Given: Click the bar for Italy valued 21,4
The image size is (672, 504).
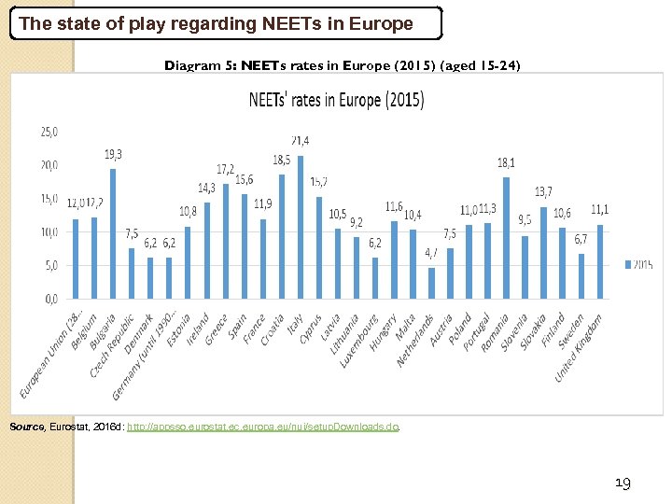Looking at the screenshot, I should (x=300, y=227).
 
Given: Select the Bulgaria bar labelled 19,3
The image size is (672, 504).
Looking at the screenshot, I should (x=113, y=233).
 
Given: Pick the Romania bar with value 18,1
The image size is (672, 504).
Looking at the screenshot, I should (x=506, y=237).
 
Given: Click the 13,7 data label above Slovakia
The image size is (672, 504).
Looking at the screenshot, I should (x=543, y=192).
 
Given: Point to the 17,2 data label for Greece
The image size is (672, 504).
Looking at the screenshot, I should (x=226, y=169).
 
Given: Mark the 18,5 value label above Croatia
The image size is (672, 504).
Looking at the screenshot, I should (x=281, y=161).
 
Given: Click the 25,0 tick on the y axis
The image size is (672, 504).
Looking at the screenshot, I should (x=49, y=132).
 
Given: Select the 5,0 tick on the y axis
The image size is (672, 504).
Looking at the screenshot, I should (x=50, y=265).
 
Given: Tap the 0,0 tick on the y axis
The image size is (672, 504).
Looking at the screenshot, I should (x=50, y=299).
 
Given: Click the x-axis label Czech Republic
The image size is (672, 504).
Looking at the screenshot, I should (x=115, y=343).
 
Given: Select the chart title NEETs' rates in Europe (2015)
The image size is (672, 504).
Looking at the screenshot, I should (x=335, y=101).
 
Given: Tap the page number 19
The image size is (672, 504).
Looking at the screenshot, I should (x=623, y=483).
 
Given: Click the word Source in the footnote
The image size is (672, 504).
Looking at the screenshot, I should (x=25, y=427).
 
